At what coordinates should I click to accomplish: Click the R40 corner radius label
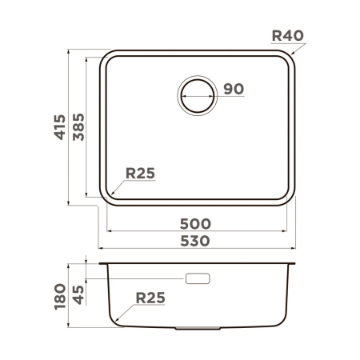pos(287,35)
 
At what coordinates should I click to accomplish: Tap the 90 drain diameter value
pos(233,89)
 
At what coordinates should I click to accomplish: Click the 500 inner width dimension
pos(196,224)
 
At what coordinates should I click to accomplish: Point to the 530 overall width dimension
pos(196,241)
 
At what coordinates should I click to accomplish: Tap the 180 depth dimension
pos(60,295)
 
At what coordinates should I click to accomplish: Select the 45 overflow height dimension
pos(78,289)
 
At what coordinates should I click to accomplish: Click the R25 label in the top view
pos(139,173)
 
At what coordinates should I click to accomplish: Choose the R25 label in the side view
pos(150,298)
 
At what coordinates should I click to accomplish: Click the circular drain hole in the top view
pos(197,94)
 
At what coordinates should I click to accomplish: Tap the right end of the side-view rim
pos(295,263)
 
